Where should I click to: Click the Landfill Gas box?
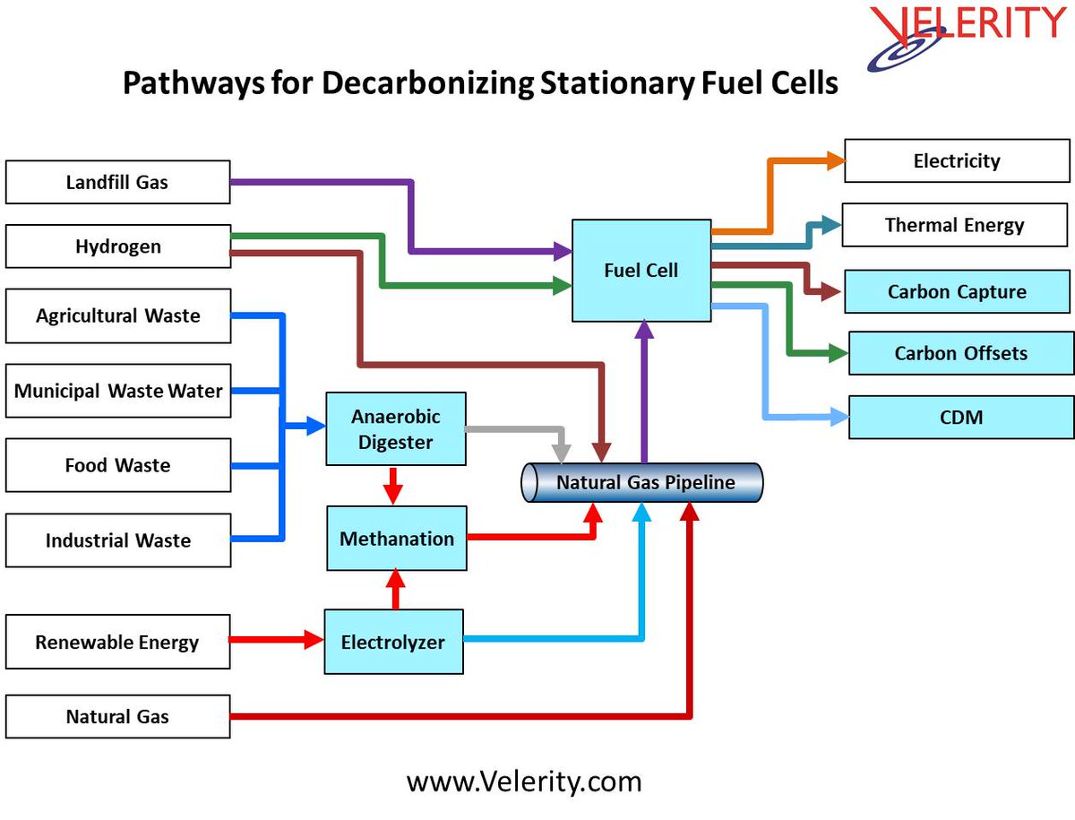(x=117, y=182)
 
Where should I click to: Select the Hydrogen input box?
(x=117, y=246)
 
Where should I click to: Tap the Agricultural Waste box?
(x=117, y=315)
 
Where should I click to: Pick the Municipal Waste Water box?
(x=117, y=391)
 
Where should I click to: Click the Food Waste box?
(x=117, y=465)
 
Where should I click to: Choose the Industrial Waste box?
(x=117, y=540)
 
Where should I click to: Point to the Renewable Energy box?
(x=117, y=642)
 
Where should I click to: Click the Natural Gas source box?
(x=117, y=716)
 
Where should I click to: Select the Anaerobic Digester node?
(x=395, y=428)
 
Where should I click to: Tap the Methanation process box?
(x=396, y=539)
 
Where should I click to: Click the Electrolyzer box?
(x=393, y=642)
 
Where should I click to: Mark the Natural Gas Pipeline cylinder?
(x=642, y=482)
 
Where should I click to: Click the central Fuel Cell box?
(x=641, y=270)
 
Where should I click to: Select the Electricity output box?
(x=957, y=161)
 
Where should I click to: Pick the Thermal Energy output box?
(x=955, y=225)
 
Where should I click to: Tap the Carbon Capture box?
(x=957, y=291)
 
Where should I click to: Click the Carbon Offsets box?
(x=960, y=353)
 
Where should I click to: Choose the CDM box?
(x=960, y=417)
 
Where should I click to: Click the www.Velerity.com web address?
(x=524, y=781)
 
